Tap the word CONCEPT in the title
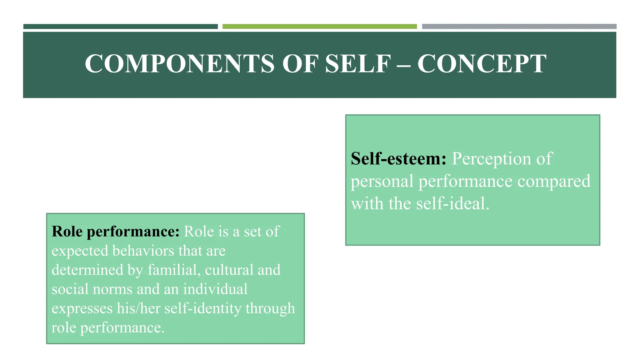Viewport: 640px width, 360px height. (x=482, y=64)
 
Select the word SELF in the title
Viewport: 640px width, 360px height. (x=358, y=64)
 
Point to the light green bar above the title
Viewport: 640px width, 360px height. (x=319, y=27)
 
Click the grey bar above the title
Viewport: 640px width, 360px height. (x=519, y=27)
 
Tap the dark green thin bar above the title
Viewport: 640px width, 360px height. (x=120, y=27)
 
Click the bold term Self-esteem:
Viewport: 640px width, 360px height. (x=398, y=159)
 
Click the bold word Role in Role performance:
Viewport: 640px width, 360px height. (x=67, y=232)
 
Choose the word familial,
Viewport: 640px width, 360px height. (x=174, y=270)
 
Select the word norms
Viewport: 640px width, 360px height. (x=112, y=289)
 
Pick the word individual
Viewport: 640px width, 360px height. (x=215, y=289)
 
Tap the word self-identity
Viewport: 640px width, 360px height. (x=203, y=308)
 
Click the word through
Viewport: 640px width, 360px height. (x=270, y=308)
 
